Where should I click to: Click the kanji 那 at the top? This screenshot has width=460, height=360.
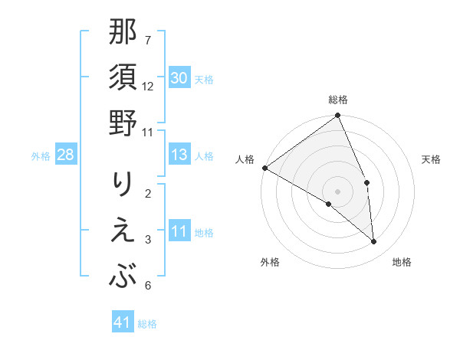123,33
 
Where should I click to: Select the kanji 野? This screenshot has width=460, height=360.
123,123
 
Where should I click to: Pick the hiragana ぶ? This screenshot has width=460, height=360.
123,275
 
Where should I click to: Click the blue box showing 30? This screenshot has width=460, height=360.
179,78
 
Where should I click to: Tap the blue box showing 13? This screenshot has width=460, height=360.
179,155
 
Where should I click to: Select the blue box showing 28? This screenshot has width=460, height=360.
66,155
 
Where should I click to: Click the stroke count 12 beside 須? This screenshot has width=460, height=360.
148,86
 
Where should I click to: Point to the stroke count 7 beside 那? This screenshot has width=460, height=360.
148,40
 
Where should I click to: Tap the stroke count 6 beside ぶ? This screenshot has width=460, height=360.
148,286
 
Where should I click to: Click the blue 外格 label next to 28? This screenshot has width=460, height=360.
41,156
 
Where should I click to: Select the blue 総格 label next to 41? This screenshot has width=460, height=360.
147,324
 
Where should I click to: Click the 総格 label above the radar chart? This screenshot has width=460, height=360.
338,100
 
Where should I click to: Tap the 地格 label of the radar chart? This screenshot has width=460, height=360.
402,263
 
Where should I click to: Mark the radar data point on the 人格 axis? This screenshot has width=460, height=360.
264,168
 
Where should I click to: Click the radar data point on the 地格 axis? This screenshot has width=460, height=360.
374,242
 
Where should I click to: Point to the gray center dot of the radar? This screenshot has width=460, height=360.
337,191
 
